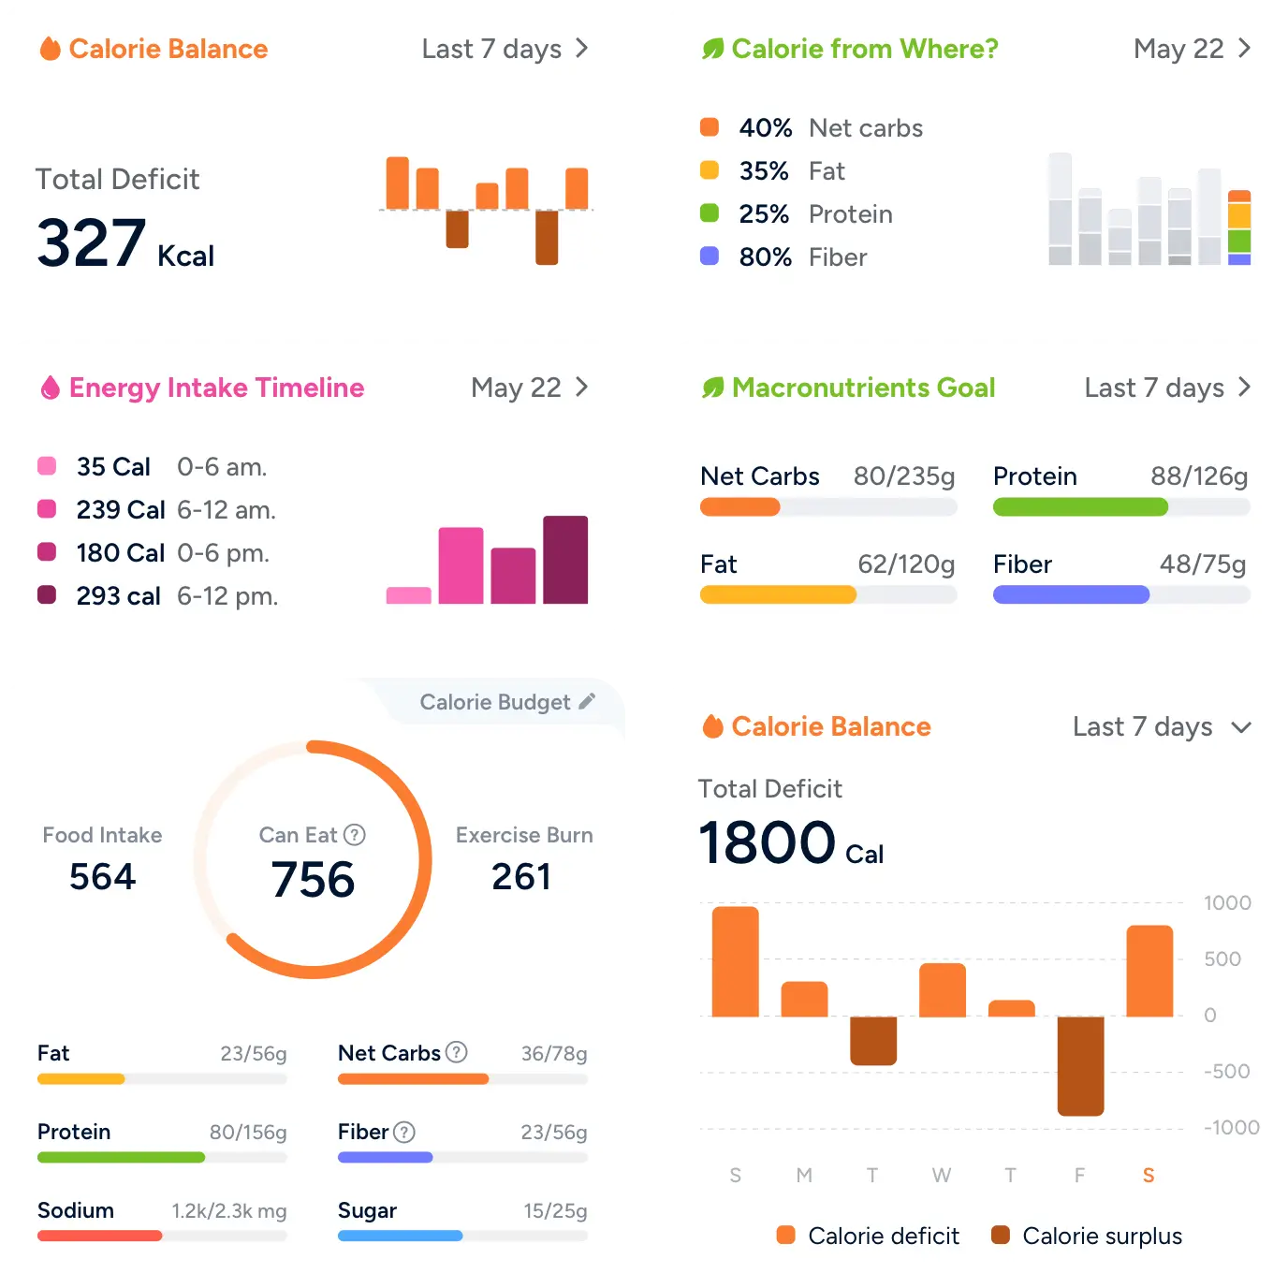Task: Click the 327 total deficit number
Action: [91, 243]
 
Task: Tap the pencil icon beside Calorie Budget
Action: [587, 701]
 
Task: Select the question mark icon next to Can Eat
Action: [355, 835]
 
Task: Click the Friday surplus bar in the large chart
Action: [1080, 1065]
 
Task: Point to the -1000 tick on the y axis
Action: [1231, 1127]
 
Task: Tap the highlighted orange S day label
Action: [1149, 1176]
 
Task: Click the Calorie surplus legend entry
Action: [1087, 1236]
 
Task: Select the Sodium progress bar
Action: [162, 1236]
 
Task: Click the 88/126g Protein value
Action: [1199, 476]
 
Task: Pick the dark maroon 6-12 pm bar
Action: [565, 560]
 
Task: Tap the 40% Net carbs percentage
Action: [765, 128]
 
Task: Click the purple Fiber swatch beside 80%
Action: [710, 256]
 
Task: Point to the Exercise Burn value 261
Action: [521, 877]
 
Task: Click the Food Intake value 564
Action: [103, 877]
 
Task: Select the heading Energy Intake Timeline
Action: [216, 388]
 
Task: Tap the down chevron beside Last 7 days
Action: [1241, 727]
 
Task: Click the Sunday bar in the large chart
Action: [736, 961]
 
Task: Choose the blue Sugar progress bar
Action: [462, 1236]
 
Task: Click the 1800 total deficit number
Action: [767, 842]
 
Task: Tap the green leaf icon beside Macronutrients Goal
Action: [713, 388]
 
